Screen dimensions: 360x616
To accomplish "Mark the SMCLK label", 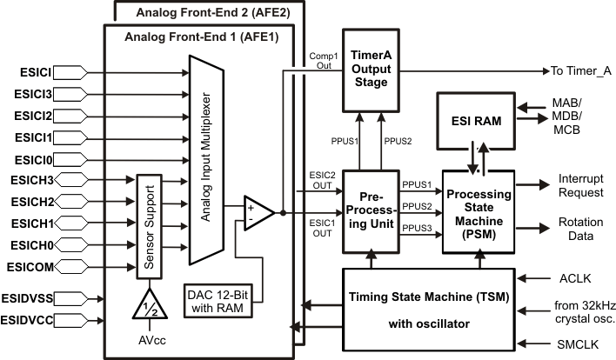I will pos(574,344).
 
